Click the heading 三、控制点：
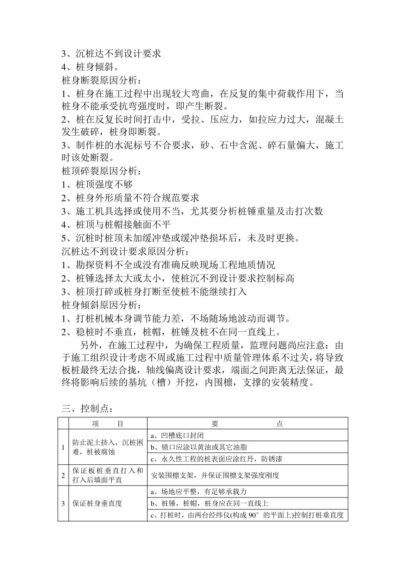(88, 408)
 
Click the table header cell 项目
(107, 423)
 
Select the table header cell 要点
(247, 423)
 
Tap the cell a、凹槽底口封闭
(177, 435)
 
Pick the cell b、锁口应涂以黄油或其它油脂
(199, 447)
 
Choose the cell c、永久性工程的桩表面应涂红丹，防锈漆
(216, 459)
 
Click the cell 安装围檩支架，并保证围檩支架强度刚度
(215, 475)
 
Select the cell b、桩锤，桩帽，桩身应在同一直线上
(209, 503)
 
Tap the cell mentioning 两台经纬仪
(247, 515)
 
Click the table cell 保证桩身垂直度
(97, 504)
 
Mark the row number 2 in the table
(63, 475)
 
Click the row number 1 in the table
(63, 447)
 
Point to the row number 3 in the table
(63, 504)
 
